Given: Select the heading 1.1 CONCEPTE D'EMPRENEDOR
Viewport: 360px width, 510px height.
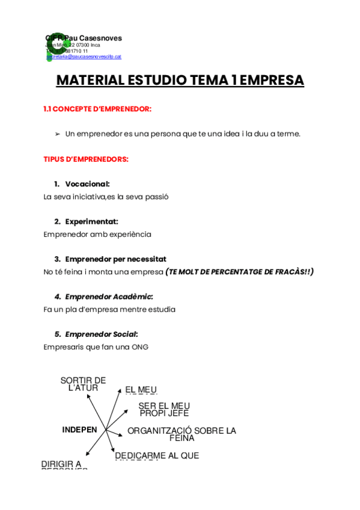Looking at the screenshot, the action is point(97,109).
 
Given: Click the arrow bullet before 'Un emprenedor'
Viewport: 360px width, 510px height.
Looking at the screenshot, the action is point(58,134).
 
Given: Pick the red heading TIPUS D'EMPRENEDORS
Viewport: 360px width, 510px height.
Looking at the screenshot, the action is point(86,159).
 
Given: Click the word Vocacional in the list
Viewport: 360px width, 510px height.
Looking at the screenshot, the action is point(87,184).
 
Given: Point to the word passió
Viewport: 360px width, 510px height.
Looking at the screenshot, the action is point(155,197).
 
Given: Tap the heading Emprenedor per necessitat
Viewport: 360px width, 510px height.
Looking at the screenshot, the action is point(115,259).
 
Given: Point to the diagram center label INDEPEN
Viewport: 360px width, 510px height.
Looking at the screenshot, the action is point(79,429).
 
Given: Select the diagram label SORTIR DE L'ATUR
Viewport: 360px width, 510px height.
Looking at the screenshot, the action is point(83,384).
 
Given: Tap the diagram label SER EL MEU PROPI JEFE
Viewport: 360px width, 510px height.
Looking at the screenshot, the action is point(164,410).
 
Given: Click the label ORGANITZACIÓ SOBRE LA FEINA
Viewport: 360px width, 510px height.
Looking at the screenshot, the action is point(182,434).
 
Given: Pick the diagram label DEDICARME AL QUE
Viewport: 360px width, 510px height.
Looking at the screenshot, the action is point(157,456).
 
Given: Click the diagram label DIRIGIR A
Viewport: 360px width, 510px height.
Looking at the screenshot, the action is point(61,464).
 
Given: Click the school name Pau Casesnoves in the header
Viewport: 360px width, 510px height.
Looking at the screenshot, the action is point(92,38).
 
